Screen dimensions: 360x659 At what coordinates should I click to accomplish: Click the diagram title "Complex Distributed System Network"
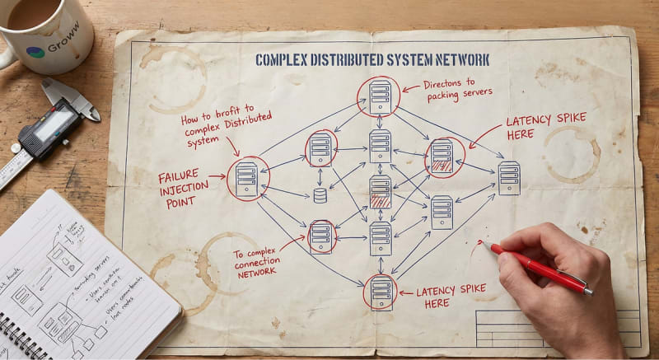[x=372, y=60]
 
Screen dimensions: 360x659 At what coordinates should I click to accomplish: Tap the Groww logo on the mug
[x=35, y=52]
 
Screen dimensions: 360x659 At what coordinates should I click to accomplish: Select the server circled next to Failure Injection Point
[x=246, y=179]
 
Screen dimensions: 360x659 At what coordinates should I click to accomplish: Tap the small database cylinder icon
[x=320, y=195]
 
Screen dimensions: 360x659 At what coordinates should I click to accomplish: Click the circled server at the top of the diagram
[x=379, y=96]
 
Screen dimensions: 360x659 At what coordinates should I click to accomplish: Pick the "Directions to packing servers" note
[x=459, y=90]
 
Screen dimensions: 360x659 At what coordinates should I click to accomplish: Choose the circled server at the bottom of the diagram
[x=381, y=292]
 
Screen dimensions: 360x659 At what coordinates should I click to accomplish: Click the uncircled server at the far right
[x=508, y=178]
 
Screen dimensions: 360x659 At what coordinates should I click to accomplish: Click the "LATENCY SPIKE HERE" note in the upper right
[x=545, y=126]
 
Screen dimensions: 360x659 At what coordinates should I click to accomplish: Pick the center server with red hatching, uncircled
[x=380, y=191]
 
